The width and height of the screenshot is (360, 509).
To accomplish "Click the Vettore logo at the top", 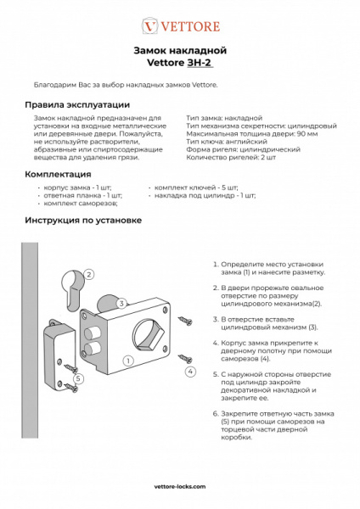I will click(179, 26).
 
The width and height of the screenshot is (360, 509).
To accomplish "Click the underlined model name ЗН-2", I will click(199, 63).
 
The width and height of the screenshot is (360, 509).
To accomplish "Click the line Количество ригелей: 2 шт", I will click(231, 157).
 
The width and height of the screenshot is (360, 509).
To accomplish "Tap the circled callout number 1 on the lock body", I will click(127, 359).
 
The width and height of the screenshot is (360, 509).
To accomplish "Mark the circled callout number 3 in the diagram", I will click(122, 303).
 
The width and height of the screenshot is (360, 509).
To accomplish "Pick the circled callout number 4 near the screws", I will click(191, 372).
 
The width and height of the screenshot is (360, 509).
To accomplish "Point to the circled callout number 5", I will click(78, 378).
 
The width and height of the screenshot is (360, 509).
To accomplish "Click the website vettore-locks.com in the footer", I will click(179, 489).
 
